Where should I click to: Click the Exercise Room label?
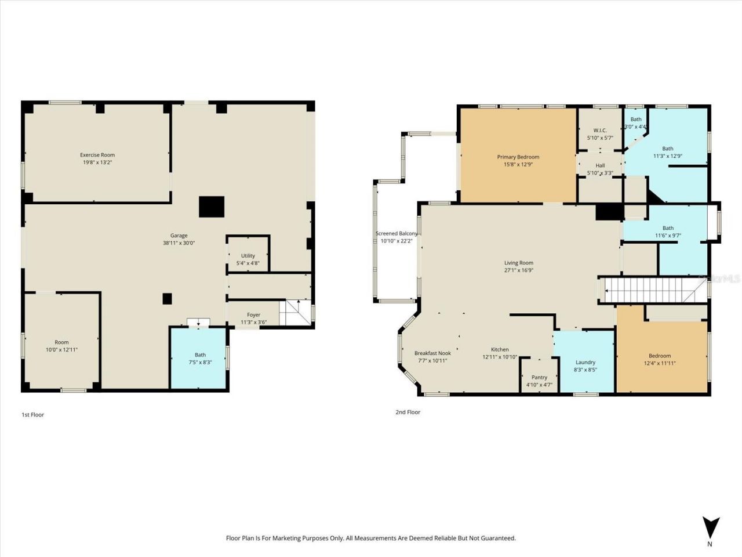coord(97,155)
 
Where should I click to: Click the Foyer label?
coord(253,315)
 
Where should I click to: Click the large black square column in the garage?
coord(212,207)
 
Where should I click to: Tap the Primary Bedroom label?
coord(518,157)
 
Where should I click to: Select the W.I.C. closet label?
coord(600,131)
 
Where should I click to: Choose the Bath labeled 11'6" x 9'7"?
coord(668,232)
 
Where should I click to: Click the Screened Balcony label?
coord(397,234)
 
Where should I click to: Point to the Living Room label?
coord(518,263)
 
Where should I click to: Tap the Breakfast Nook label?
coord(432,353)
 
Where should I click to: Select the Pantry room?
coord(539,377)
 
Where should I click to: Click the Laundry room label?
coord(585,363)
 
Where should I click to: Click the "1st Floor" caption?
coord(32,415)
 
